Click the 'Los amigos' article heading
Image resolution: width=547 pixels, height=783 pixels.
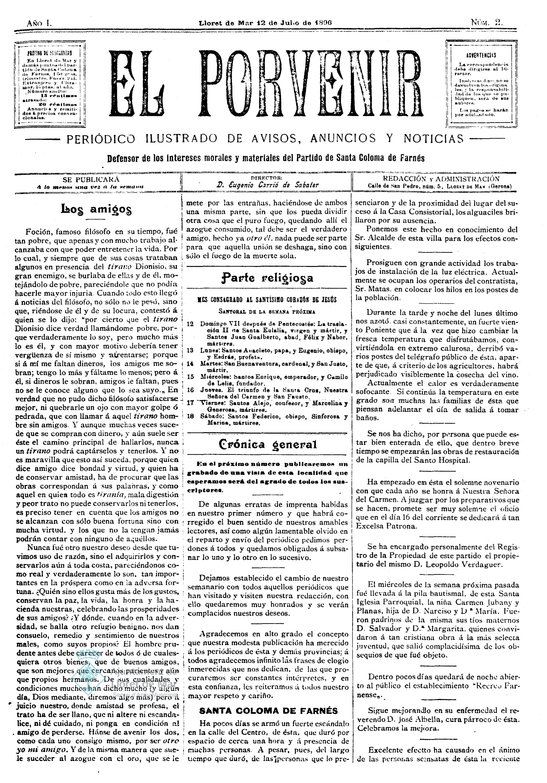point(96,209)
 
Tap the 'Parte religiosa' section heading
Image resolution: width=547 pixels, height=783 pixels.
point(267,278)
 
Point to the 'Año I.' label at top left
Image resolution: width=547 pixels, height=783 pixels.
point(39,23)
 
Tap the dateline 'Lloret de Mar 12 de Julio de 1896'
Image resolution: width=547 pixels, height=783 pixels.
point(265,23)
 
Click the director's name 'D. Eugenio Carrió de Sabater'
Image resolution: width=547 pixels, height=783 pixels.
point(267,185)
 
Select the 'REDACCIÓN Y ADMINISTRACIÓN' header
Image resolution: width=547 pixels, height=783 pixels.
point(441,179)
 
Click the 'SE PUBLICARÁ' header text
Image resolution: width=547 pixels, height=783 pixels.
point(91,179)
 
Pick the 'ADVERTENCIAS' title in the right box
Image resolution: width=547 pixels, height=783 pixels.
point(481,55)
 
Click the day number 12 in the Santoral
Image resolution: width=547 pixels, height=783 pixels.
point(190,324)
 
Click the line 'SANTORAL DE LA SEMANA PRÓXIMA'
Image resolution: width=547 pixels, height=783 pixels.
point(267,311)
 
